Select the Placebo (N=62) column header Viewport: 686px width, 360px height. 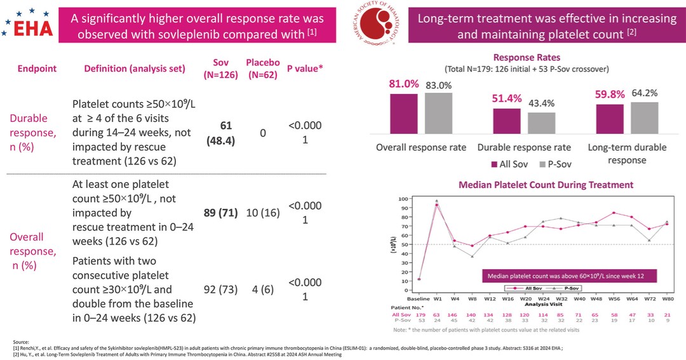click(x=262, y=69)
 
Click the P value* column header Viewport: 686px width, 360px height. click(x=305, y=69)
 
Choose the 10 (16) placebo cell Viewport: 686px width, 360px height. click(x=262, y=215)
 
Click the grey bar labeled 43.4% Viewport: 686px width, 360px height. click(x=541, y=122)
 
